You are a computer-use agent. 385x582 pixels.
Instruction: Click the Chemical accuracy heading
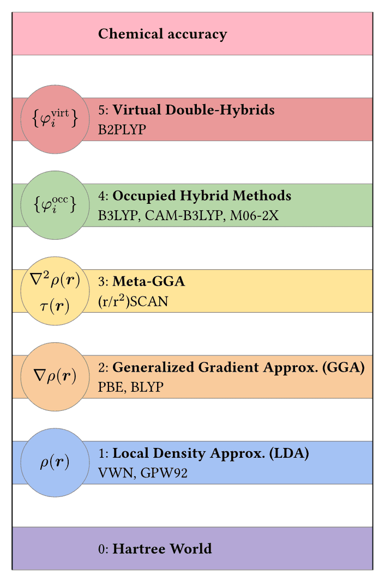(163, 34)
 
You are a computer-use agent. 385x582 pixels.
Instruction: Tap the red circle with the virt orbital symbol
(55, 119)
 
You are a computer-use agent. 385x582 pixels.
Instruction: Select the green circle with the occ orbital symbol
(55, 205)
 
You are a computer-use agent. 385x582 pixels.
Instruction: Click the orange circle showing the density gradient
(55, 377)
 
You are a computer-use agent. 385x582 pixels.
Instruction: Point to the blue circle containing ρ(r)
(55, 462)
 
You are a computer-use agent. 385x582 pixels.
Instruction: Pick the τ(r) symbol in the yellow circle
(55, 306)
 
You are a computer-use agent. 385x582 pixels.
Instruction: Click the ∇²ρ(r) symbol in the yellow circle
(55, 280)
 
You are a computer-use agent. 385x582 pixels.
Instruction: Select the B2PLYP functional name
(122, 130)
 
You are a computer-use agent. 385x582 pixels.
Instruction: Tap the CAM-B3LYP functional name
(184, 215)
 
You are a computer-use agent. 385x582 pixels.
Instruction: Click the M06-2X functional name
(254, 215)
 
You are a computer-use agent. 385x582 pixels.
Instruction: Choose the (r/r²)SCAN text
(133, 301)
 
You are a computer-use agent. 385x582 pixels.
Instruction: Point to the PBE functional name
(110, 387)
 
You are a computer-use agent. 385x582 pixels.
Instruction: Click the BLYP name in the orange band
(147, 387)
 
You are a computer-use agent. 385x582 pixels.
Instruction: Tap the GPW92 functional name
(164, 473)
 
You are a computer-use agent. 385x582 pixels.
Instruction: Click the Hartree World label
(163, 549)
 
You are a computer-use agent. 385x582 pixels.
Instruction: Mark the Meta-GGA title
(148, 281)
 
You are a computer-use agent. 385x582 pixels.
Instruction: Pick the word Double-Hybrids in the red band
(220, 110)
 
